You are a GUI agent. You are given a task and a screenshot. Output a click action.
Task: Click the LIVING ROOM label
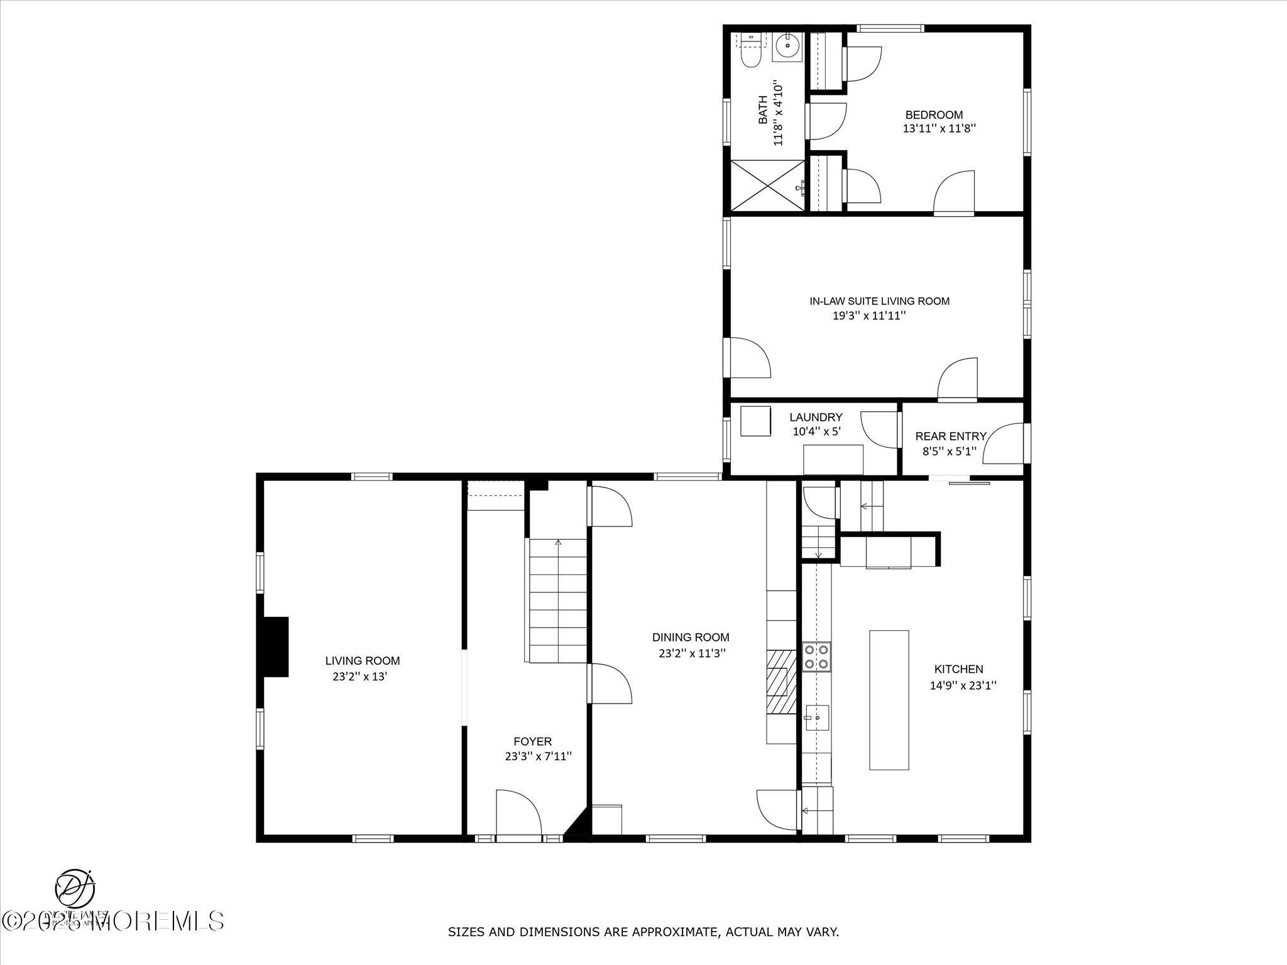click(x=362, y=661)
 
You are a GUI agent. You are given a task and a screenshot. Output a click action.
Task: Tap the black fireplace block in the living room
click(x=275, y=646)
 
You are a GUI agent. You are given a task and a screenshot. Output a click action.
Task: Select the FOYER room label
click(x=532, y=741)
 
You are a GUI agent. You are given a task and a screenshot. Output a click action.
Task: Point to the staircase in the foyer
click(x=558, y=601)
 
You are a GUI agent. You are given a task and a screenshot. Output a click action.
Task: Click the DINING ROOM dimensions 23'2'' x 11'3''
click(x=692, y=653)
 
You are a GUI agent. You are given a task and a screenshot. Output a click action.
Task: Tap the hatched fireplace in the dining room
click(x=781, y=682)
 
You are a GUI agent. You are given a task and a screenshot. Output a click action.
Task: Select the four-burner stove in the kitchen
click(x=816, y=657)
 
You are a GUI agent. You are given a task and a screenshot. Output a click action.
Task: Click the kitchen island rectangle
click(x=889, y=700)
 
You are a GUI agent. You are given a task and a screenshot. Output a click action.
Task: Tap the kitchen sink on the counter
click(x=817, y=717)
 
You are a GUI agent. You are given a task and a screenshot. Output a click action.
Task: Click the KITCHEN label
click(x=958, y=669)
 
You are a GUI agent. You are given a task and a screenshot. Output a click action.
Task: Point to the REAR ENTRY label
click(x=950, y=436)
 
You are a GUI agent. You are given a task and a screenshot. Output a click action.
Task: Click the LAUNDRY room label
click(x=816, y=417)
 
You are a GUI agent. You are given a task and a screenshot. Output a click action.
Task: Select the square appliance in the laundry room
click(x=755, y=421)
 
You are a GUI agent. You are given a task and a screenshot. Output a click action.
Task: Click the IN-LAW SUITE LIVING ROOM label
click(x=879, y=301)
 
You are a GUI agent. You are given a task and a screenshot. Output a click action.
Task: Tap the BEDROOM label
click(x=934, y=115)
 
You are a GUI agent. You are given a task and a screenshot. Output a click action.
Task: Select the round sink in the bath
click(x=787, y=46)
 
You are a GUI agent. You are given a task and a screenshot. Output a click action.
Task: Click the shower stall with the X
click(x=767, y=185)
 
